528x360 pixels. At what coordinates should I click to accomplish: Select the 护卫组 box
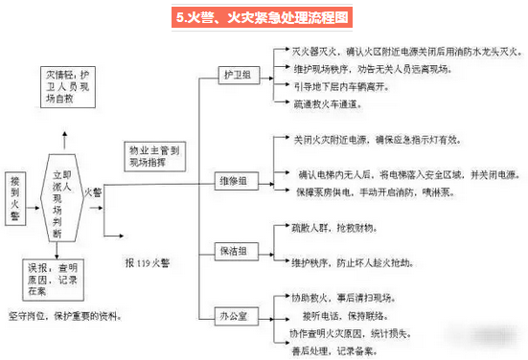point(236,74)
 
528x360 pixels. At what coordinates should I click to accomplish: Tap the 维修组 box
point(236,179)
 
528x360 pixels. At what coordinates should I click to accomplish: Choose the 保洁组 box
point(236,251)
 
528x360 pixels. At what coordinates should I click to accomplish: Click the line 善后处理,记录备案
point(341,349)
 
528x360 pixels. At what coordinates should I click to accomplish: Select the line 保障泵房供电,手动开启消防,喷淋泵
point(384,191)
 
